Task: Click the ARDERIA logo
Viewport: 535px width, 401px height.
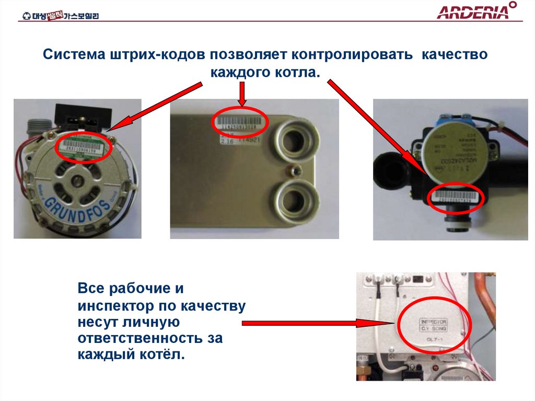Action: [473, 12]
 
